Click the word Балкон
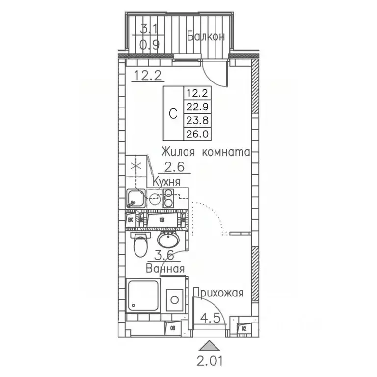[x=206, y=36]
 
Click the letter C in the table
[x=173, y=113]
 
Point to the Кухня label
[x=166, y=182]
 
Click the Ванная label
[x=165, y=269]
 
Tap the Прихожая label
[x=218, y=294]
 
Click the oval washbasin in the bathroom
[x=169, y=241]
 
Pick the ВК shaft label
[x=131, y=220]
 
